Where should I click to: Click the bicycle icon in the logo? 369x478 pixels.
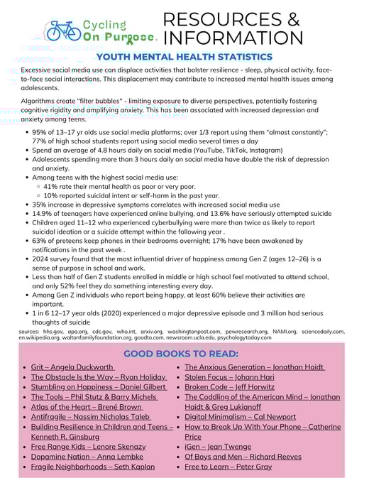pyautogui.click(x=62, y=31)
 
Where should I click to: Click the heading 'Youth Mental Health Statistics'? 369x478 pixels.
pyautogui.click(x=184, y=57)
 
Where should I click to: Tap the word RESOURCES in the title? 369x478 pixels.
pyautogui.click(x=231, y=18)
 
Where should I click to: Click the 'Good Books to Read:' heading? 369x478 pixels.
pyautogui.click(x=181, y=354)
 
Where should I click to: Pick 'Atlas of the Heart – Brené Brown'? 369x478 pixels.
pyautogui.click(x=87, y=407)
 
